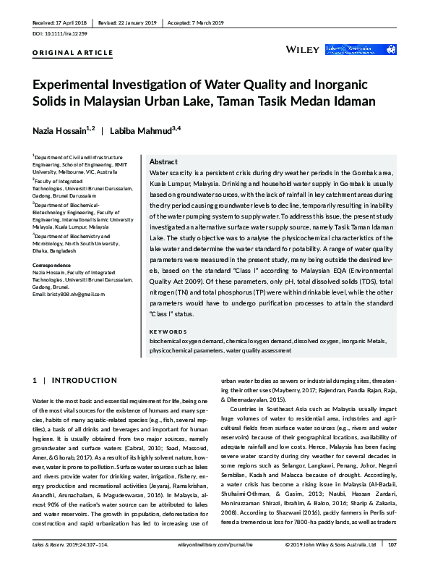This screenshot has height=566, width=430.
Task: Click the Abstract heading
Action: coord(163,162)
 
